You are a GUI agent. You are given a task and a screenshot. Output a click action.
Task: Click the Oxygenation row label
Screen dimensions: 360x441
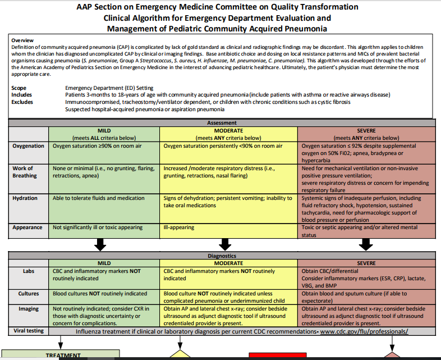click(x=29, y=146)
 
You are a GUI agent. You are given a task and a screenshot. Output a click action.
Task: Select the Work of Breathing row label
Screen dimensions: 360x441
click(x=23, y=171)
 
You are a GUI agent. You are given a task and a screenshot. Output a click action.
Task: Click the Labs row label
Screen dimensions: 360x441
click(x=28, y=271)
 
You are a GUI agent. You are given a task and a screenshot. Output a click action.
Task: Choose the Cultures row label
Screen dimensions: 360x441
click(x=28, y=293)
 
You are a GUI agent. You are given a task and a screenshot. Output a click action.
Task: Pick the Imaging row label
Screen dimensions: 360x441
click(x=28, y=309)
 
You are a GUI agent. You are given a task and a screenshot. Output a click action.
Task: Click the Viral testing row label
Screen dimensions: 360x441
click(x=28, y=331)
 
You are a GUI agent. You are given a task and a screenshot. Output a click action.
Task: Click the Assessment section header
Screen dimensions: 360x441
click(x=222, y=122)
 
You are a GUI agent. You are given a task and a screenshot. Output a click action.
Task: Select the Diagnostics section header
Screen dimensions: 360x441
click(x=222, y=256)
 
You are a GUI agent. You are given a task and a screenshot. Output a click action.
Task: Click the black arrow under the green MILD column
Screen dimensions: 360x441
click(x=101, y=244)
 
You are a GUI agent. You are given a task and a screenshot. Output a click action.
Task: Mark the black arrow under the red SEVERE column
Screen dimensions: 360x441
click(x=366, y=244)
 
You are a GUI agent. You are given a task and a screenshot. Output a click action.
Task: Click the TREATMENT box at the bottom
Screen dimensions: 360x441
click(x=63, y=355)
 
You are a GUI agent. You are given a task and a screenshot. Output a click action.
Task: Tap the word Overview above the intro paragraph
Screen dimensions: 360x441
click(x=22, y=40)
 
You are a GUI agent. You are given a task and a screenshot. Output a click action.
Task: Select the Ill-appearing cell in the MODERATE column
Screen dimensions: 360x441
click(x=179, y=227)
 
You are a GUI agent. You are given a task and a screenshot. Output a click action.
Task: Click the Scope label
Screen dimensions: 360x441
click(x=19, y=88)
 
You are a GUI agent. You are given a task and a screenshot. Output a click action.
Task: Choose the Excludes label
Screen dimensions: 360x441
click(x=22, y=102)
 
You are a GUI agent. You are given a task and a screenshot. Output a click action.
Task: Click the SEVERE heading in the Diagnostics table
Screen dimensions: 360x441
click(x=366, y=263)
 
